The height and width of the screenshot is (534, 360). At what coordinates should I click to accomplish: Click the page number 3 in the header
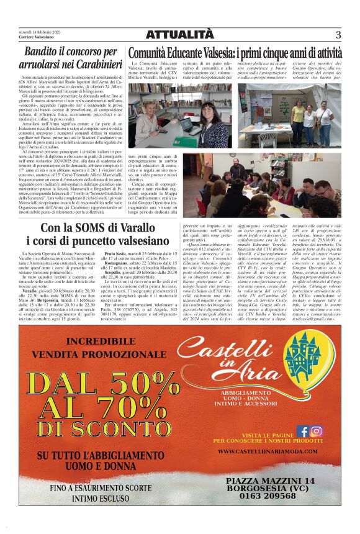tap(338, 35)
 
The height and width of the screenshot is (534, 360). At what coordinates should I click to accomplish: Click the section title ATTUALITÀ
tap(179, 35)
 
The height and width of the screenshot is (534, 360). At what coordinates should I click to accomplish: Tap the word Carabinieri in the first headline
tap(93, 64)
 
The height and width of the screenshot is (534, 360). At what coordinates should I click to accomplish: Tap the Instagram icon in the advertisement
tap(316, 430)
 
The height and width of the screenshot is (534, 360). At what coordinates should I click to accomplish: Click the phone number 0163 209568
tap(270, 496)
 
